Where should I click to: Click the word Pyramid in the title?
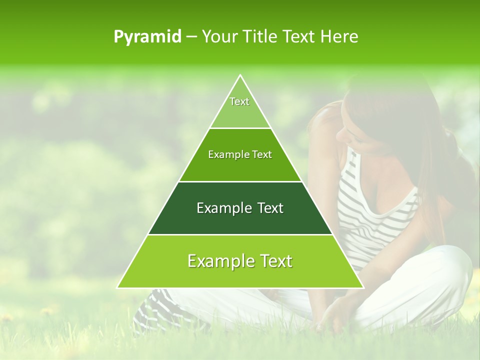(147, 37)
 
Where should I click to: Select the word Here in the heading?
(340, 37)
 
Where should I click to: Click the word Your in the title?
(218, 37)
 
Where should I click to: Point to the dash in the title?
(191, 37)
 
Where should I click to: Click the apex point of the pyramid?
(240, 76)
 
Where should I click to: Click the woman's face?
(357, 130)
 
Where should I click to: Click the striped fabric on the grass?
(155, 310)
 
